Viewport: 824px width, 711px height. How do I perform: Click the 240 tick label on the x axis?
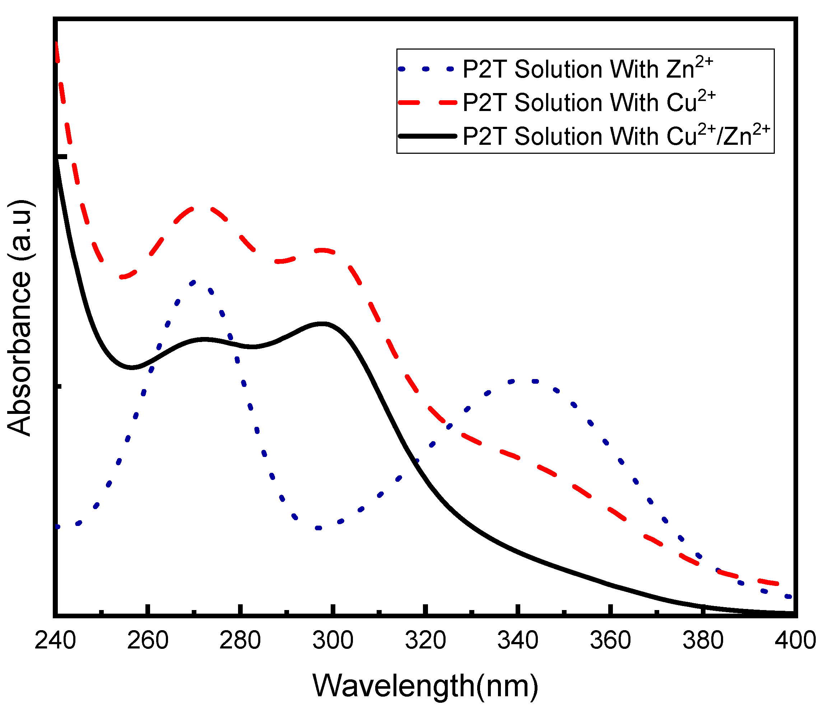[x=55, y=641]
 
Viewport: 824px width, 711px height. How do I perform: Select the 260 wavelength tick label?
[x=148, y=641]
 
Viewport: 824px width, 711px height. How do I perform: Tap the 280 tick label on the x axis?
[x=240, y=641]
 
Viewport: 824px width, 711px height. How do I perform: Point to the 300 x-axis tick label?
[x=333, y=641]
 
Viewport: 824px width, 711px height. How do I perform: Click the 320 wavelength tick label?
[x=425, y=641]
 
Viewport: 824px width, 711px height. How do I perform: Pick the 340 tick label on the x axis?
[x=518, y=641]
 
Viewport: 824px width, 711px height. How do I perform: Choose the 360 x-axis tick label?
[x=610, y=641]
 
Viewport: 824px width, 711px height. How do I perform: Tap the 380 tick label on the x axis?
[x=703, y=641]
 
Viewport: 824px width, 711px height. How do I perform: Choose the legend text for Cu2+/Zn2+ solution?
[x=616, y=135]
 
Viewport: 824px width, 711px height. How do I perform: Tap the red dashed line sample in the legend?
[x=428, y=102]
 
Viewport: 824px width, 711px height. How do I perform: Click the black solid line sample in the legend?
[x=428, y=136]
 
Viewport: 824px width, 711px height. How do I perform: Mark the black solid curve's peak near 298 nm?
[x=323, y=323]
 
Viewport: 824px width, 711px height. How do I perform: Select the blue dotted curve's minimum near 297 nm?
[x=318, y=528]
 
